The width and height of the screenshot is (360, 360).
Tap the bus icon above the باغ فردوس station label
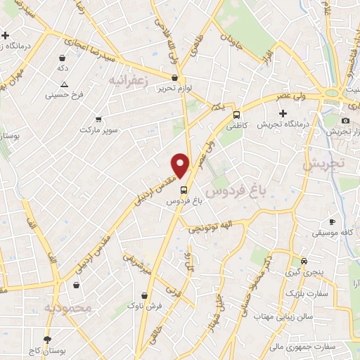[x=184, y=189]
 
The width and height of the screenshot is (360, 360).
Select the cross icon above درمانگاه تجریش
[x=283, y=112]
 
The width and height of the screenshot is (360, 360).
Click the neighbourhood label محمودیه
[x=67, y=308]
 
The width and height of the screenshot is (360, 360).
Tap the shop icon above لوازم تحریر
[x=174, y=77]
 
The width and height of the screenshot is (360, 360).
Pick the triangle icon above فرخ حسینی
[x=64, y=84]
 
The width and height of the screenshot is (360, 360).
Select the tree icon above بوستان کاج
[x=47, y=339]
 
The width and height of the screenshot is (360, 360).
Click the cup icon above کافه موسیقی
[x=332, y=222]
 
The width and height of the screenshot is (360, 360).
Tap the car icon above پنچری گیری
[x=303, y=259]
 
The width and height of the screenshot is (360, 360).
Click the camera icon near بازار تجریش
[x=345, y=120]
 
